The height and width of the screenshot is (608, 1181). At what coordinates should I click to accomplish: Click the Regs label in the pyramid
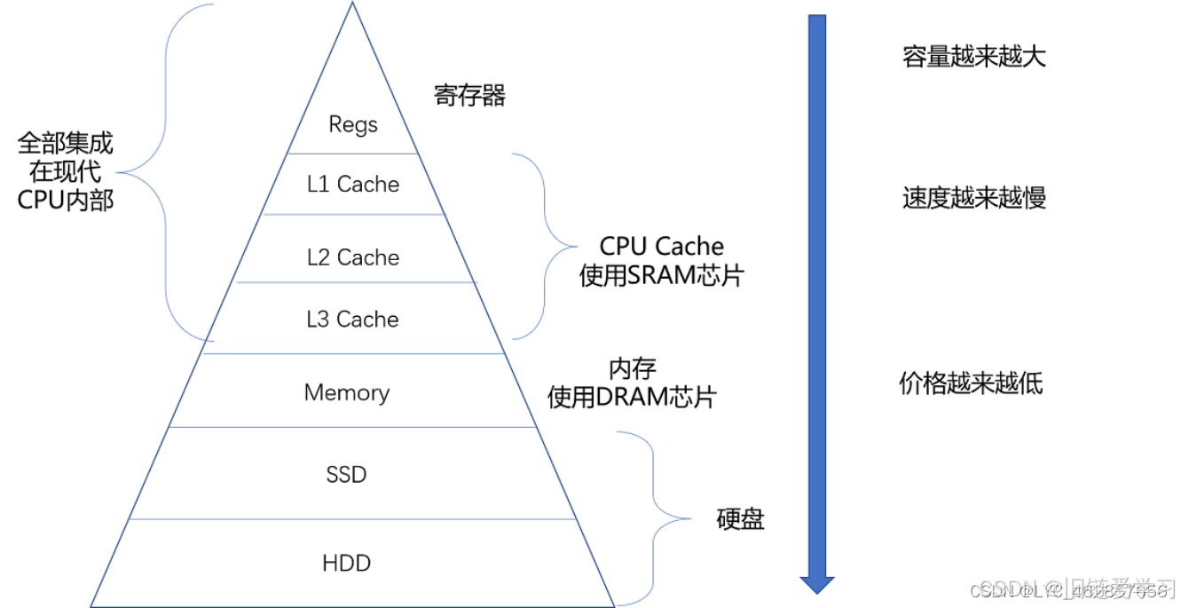click(353, 124)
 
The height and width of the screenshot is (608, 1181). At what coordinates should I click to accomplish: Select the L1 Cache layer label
click(353, 185)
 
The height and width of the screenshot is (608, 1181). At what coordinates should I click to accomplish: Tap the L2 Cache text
click(353, 257)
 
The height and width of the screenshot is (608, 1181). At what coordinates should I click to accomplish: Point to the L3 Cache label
click(353, 320)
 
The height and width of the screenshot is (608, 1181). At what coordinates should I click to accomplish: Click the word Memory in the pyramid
click(347, 392)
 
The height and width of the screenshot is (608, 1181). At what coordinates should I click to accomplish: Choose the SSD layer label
click(346, 475)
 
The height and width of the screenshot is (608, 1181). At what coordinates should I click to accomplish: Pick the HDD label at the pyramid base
click(346, 564)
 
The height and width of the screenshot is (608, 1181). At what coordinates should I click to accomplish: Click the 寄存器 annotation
click(469, 96)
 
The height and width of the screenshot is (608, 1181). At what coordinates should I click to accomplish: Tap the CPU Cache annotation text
click(661, 247)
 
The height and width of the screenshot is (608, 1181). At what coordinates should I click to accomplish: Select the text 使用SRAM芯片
click(661, 276)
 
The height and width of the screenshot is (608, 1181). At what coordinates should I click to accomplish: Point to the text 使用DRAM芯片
click(632, 397)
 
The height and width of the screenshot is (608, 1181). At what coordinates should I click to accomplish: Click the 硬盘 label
click(740, 519)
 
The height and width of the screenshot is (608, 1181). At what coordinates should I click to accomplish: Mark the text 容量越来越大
click(974, 57)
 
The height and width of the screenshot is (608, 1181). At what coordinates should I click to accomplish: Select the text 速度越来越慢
click(974, 198)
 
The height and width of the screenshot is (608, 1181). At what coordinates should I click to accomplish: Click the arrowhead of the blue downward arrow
click(816, 584)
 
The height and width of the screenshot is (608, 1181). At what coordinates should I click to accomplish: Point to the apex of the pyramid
click(352, 4)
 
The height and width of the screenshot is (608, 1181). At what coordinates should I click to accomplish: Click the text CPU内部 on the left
click(66, 200)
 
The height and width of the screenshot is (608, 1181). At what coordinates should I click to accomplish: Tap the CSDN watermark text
click(994, 589)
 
